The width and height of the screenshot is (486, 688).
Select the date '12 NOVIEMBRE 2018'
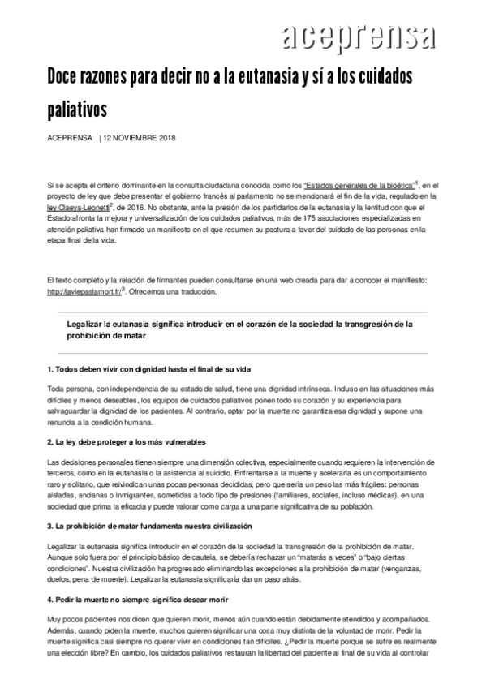pyautogui.click(x=140, y=137)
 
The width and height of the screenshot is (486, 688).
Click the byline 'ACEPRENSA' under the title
pyautogui.click(x=70, y=137)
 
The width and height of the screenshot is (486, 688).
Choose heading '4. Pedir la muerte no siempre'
pyautogui.click(x=135, y=597)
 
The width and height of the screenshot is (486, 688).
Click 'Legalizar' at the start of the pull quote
pyautogui.click(x=91, y=323)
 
